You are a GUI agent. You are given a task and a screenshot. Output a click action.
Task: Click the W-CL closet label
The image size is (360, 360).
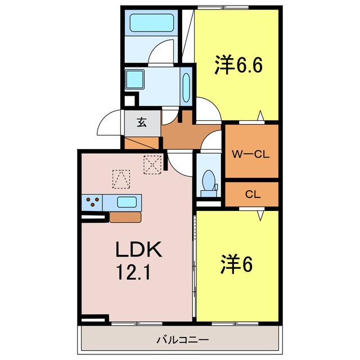[x=251, y=154]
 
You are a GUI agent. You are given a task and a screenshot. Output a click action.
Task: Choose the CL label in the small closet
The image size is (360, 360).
[x=252, y=195]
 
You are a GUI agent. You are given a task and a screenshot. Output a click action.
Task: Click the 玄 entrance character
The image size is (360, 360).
[x=142, y=123]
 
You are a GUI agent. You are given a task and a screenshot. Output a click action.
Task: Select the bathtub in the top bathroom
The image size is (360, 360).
[x=150, y=23]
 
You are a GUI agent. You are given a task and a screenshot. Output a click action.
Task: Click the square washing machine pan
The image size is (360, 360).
[x=134, y=79]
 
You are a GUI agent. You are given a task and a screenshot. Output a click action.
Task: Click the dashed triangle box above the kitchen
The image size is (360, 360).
[x=120, y=179]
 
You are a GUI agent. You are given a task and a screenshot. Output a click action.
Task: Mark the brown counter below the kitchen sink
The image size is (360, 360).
[x=124, y=217]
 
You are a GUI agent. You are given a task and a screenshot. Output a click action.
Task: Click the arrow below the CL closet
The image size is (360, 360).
[x=260, y=214]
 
